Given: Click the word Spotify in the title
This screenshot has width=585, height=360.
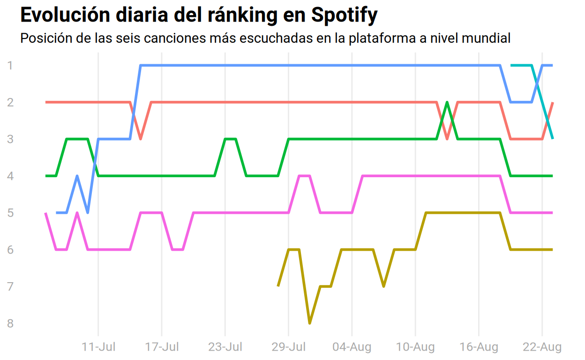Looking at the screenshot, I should pyautogui.click(x=344, y=15).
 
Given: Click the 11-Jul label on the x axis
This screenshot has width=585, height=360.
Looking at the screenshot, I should pyautogui.click(x=98, y=347).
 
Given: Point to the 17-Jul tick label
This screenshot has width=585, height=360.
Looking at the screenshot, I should pyautogui.click(x=162, y=347).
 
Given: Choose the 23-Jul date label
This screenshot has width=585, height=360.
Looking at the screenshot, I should pyautogui.click(x=225, y=347).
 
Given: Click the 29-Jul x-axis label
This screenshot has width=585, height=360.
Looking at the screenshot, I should pyautogui.click(x=288, y=347).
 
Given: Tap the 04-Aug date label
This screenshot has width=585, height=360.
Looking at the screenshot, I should pyautogui.click(x=352, y=347).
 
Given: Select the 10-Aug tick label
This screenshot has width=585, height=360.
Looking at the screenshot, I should pyautogui.click(x=415, y=347).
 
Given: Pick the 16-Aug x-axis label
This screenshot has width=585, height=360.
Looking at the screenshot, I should pyautogui.click(x=479, y=347).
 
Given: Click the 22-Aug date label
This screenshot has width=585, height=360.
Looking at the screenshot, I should pyautogui.click(x=542, y=347).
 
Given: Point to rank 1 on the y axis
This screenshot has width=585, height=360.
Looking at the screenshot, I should pyautogui.click(x=10, y=66).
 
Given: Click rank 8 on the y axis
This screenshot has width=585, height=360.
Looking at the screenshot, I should pyautogui.click(x=10, y=323).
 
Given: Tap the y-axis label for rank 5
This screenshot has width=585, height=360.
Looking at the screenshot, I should pyautogui.click(x=10, y=213).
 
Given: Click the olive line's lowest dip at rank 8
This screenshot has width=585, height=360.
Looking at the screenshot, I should pyautogui.click(x=309, y=323).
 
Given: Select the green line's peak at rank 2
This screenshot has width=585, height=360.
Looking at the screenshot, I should pyautogui.click(x=447, y=102).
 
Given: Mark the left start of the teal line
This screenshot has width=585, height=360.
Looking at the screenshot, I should pyautogui.click(x=511, y=65).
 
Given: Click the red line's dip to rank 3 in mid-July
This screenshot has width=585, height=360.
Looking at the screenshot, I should pyautogui.click(x=141, y=139).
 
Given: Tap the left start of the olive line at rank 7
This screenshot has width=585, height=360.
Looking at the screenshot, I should pyautogui.click(x=278, y=286).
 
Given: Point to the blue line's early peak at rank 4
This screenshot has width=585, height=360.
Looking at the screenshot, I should pyautogui.click(x=77, y=176).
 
